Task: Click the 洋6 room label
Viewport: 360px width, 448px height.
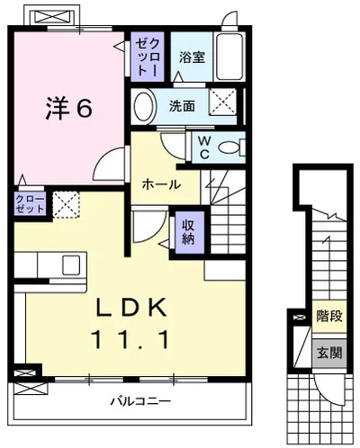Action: pyautogui.click(x=68, y=109)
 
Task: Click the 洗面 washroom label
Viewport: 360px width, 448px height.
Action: pyautogui.click(x=182, y=105)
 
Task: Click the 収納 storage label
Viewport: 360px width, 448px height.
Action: pyautogui.click(x=188, y=231)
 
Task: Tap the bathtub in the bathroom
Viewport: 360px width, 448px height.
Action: pyautogui.click(x=233, y=57)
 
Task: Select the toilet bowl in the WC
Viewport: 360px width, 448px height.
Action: pyautogui.click(x=230, y=144)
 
